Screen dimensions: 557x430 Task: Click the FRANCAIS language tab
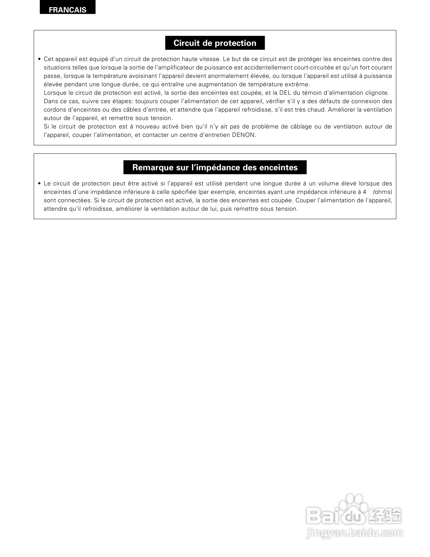point(67,9)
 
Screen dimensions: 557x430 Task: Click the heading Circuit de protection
point(215,43)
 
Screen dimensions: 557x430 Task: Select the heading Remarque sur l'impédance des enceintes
point(215,168)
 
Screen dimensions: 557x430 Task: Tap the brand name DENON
point(244,135)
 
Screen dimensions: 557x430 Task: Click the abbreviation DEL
point(285,93)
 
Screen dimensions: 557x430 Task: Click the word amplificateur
point(174,68)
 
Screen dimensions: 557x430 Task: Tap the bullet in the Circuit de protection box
point(39,59)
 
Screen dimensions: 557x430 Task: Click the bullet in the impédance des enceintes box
point(39,184)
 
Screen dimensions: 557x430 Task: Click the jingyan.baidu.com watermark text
point(354,533)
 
